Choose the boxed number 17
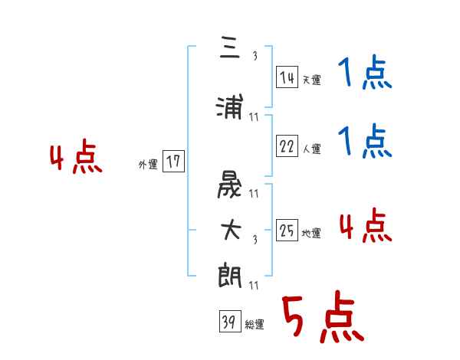click(x=173, y=162)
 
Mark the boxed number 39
click(x=229, y=322)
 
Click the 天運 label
click(x=311, y=80)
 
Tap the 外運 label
click(x=147, y=164)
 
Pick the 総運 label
click(x=255, y=325)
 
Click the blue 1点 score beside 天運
click(x=365, y=74)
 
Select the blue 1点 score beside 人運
click(x=365, y=141)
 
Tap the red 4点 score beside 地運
click(x=365, y=226)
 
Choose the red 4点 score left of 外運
click(x=76, y=158)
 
